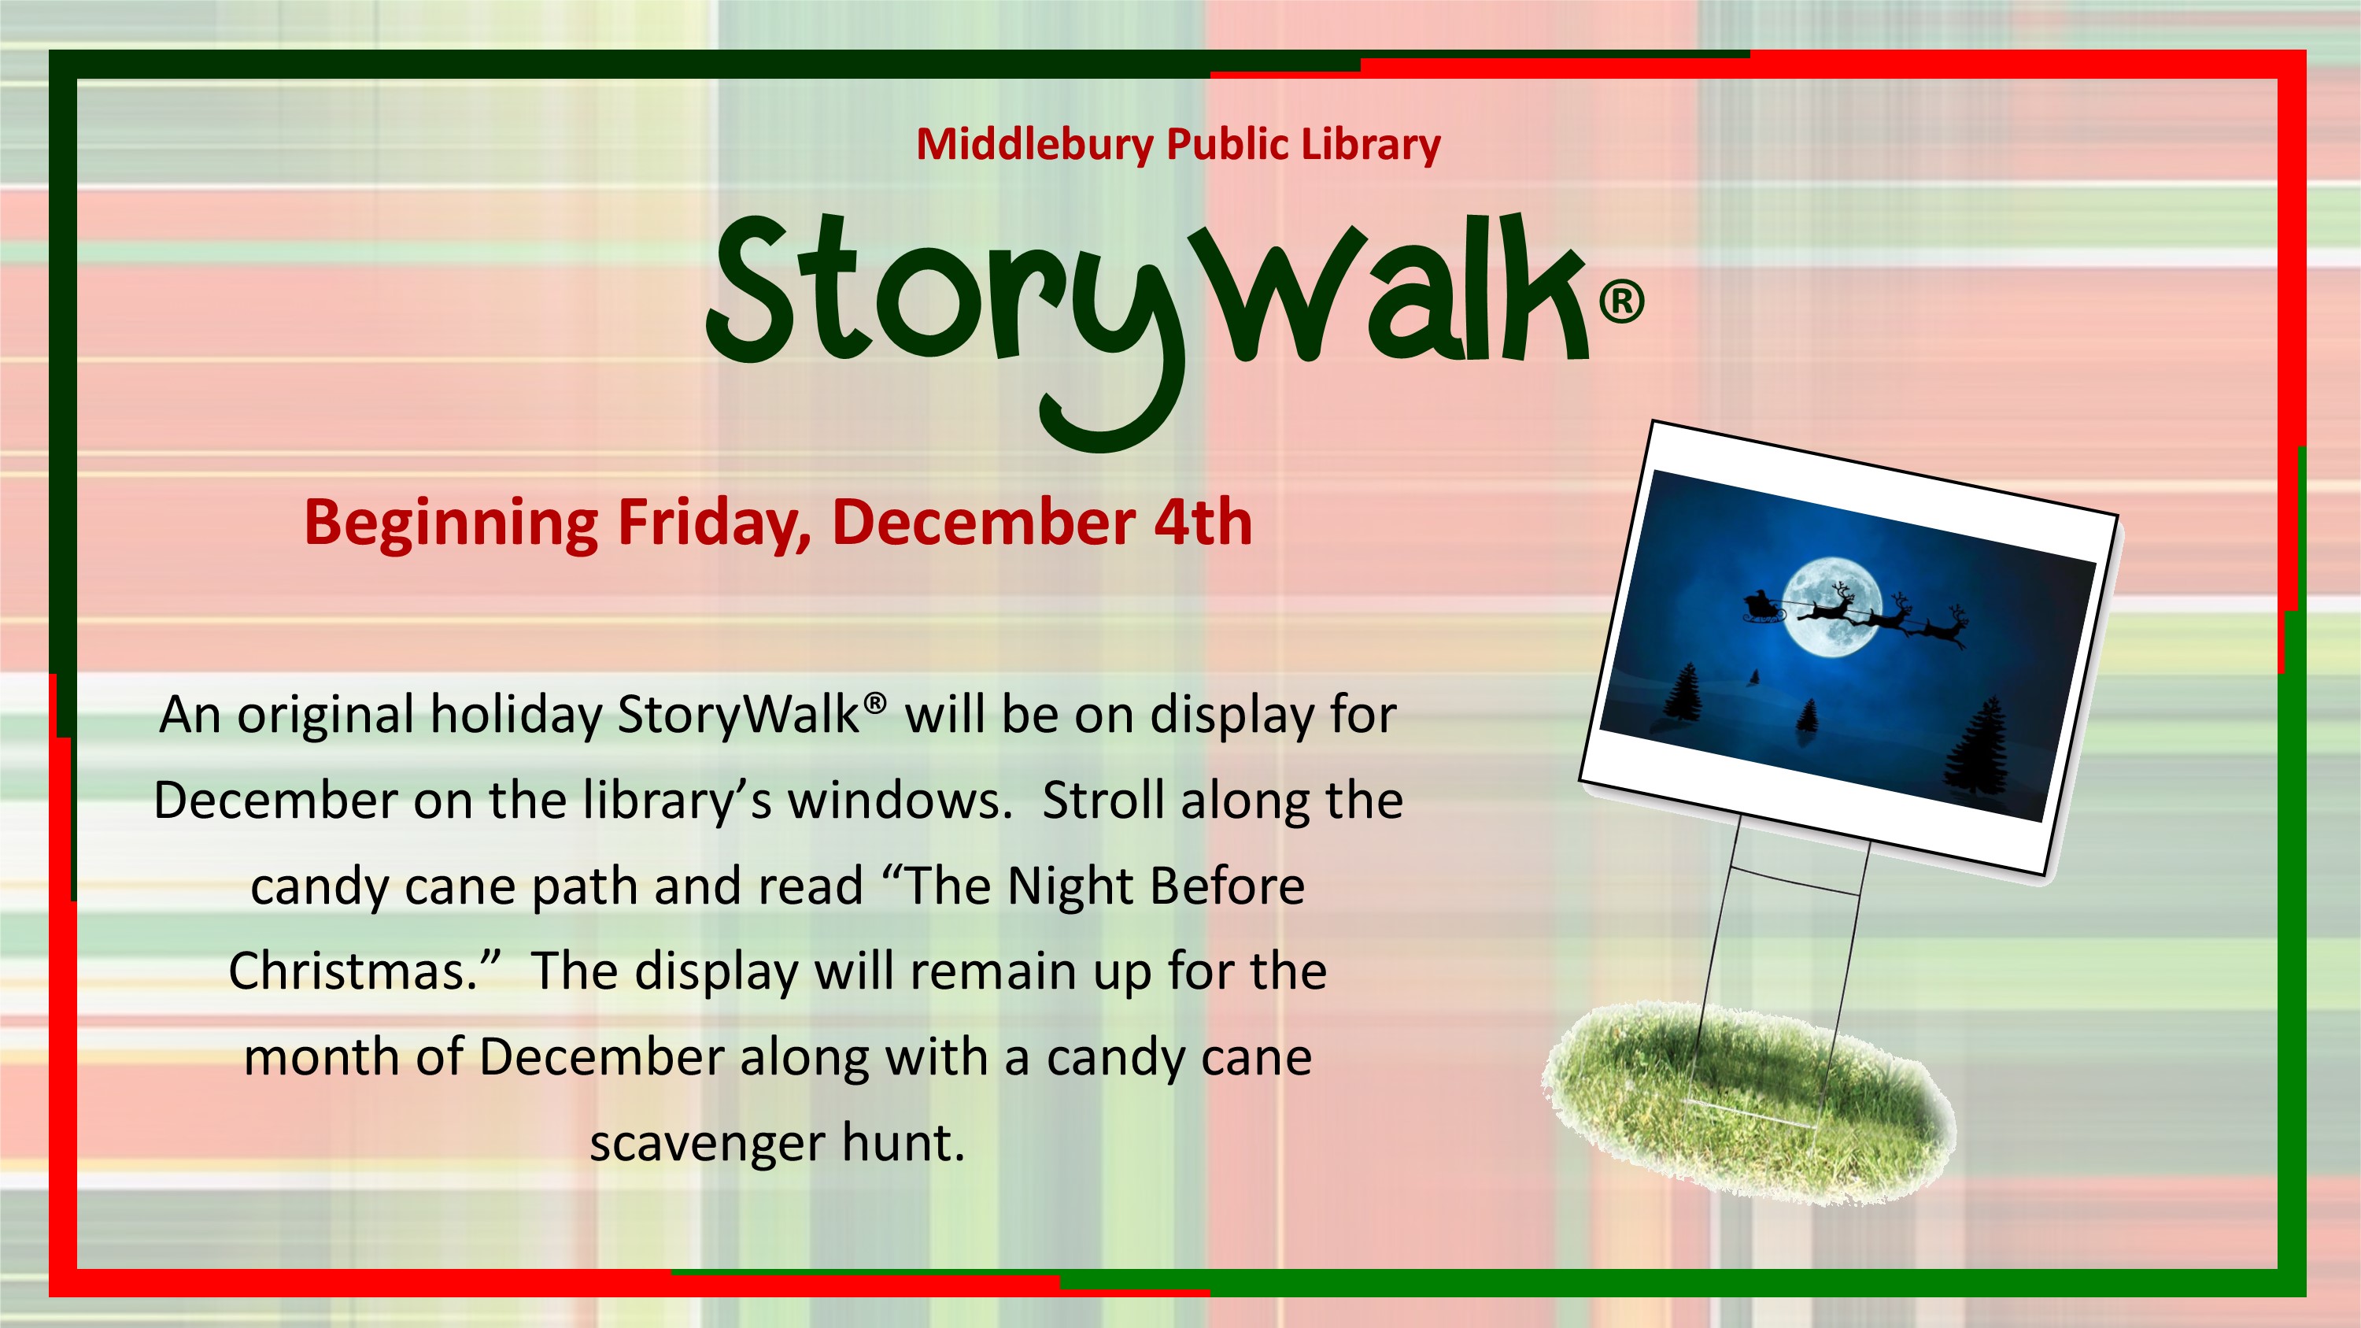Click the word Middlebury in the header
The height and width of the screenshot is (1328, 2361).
click(1034, 145)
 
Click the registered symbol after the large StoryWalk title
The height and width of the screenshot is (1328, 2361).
click(1621, 301)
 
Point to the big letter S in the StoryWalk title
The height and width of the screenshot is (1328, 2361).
click(753, 289)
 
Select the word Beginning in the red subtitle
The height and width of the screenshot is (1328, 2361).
click(451, 525)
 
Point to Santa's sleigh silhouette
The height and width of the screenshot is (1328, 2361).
click(1761, 607)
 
